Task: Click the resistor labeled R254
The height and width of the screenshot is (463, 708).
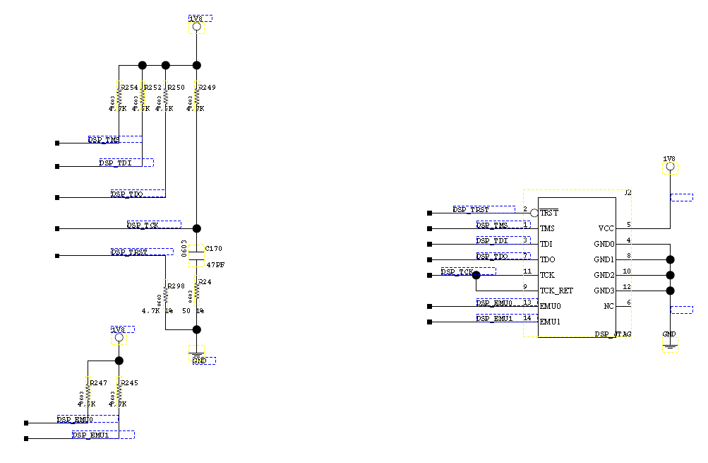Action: pos(119,98)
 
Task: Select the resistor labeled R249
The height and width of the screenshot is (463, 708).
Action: pos(197,98)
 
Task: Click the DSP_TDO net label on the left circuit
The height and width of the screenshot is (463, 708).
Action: pos(128,194)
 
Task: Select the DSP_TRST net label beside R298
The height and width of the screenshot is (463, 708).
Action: pos(130,252)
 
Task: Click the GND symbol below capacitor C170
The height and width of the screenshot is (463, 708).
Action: pos(197,351)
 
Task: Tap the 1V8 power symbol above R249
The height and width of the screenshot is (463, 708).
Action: pos(197,26)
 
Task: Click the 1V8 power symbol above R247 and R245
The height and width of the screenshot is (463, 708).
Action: pos(119,337)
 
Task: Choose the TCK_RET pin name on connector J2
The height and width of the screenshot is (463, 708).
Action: pos(556,291)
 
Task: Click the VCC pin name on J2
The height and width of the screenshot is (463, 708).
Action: pos(606,228)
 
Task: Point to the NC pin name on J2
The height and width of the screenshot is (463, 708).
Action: pos(609,306)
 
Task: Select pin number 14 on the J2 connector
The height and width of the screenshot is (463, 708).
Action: pos(527,317)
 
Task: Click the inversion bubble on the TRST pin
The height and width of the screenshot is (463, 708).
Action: pos(534,213)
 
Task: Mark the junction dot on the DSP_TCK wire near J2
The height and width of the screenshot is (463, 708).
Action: pos(476,275)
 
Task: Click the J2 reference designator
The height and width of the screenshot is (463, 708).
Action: pos(628,193)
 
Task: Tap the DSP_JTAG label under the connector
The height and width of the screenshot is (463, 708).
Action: pos(612,334)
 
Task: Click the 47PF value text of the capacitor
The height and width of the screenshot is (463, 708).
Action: pos(215,264)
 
